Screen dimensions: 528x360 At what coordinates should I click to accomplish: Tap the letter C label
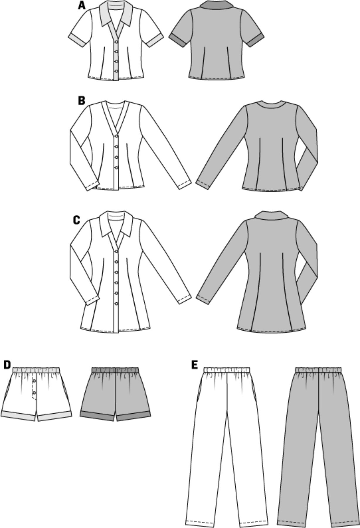76,220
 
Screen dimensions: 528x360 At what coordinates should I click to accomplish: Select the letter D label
7,365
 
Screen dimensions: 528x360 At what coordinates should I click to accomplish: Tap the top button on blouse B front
116,136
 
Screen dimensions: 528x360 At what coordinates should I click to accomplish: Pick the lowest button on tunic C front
116,303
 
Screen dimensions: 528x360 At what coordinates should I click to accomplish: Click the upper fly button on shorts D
35,381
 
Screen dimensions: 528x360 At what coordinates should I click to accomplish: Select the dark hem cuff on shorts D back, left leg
97,416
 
